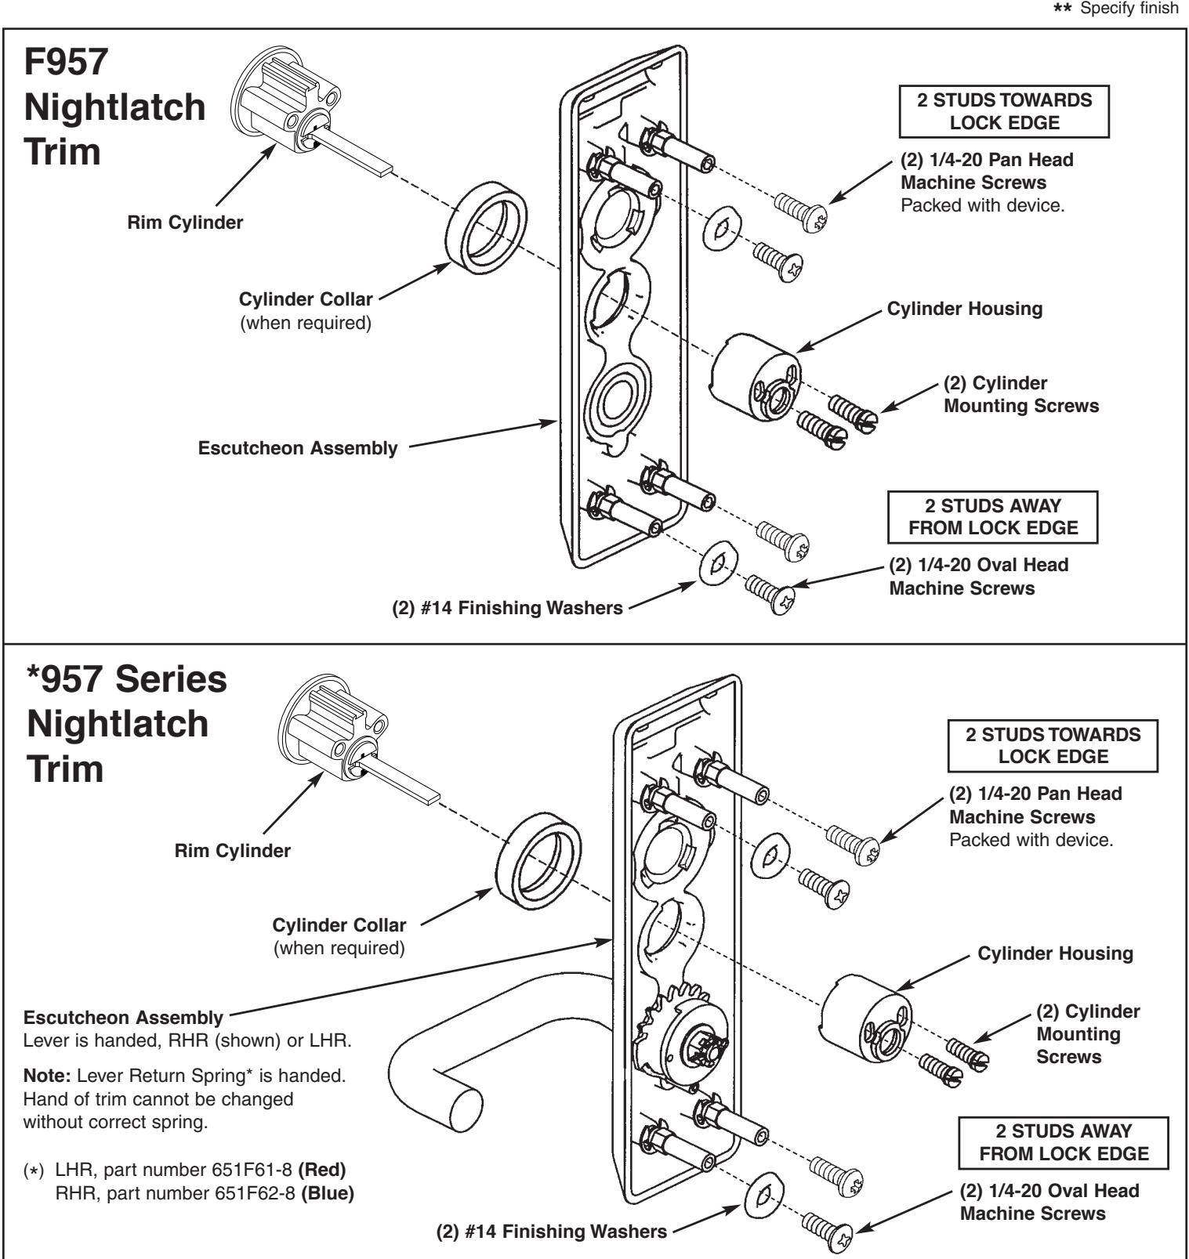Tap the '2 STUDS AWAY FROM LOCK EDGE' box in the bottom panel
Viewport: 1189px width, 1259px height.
pyautogui.click(x=1064, y=1141)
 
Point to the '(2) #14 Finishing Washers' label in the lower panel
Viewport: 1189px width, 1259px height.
pyautogui.click(x=551, y=1231)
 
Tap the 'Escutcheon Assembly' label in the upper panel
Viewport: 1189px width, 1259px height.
pyautogui.click(x=298, y=448)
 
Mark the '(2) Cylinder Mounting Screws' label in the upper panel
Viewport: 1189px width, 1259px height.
pyautogui.click(x=1021, y=394)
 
